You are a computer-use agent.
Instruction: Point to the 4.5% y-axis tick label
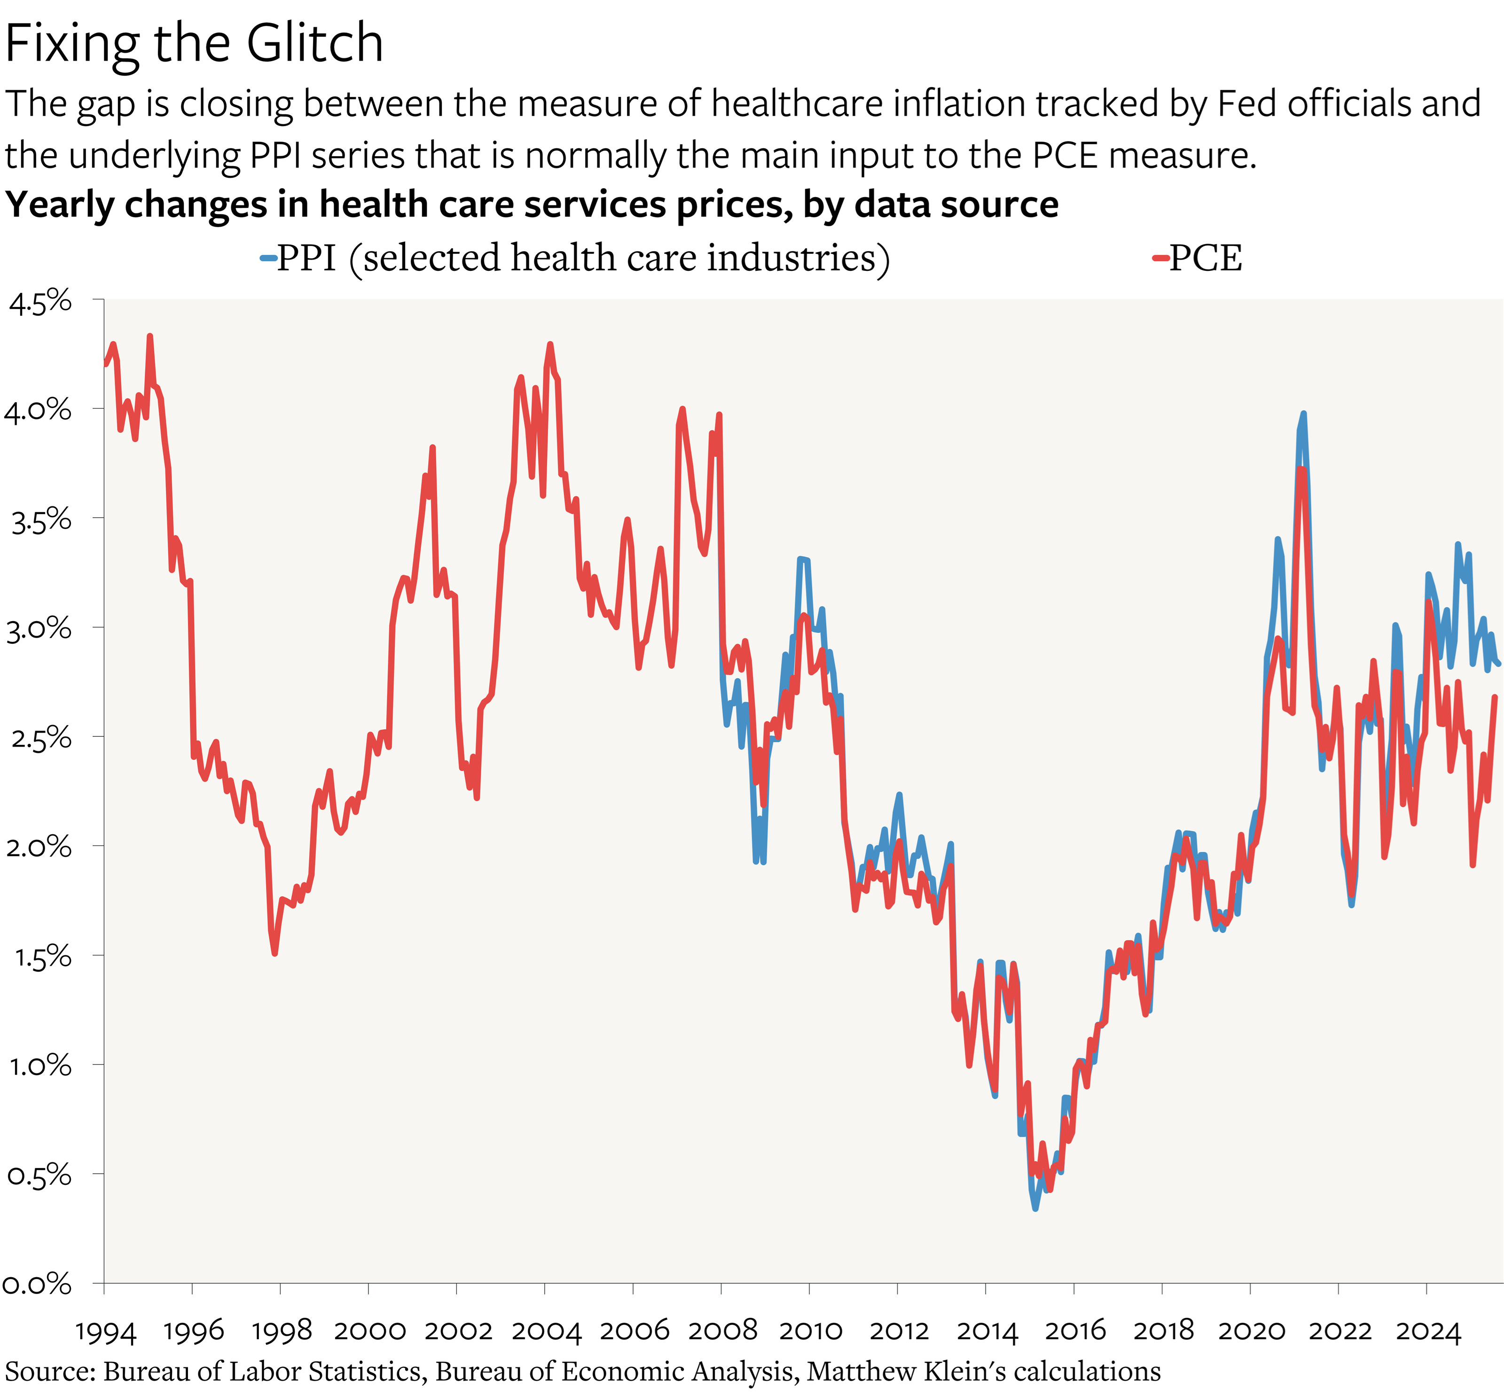tap(40, 301)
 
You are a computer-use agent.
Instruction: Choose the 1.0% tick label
tap(40, 1066)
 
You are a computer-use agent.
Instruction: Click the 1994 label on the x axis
tap(105, 1332)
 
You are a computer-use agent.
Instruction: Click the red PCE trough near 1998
tap(274, 953)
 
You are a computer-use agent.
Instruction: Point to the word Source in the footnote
tap(49, 1371)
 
